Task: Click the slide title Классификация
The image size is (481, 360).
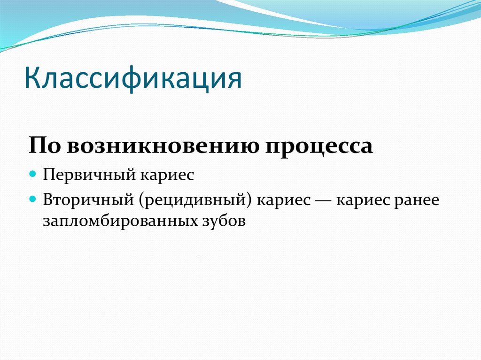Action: point(134,78)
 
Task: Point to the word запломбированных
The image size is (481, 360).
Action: point(119,221)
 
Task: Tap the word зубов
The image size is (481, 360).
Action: point(223,221)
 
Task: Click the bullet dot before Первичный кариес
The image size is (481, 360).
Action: point(32,175)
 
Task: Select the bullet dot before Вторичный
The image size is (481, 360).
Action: point(32,199)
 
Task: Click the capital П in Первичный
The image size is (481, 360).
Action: point(48,175)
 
